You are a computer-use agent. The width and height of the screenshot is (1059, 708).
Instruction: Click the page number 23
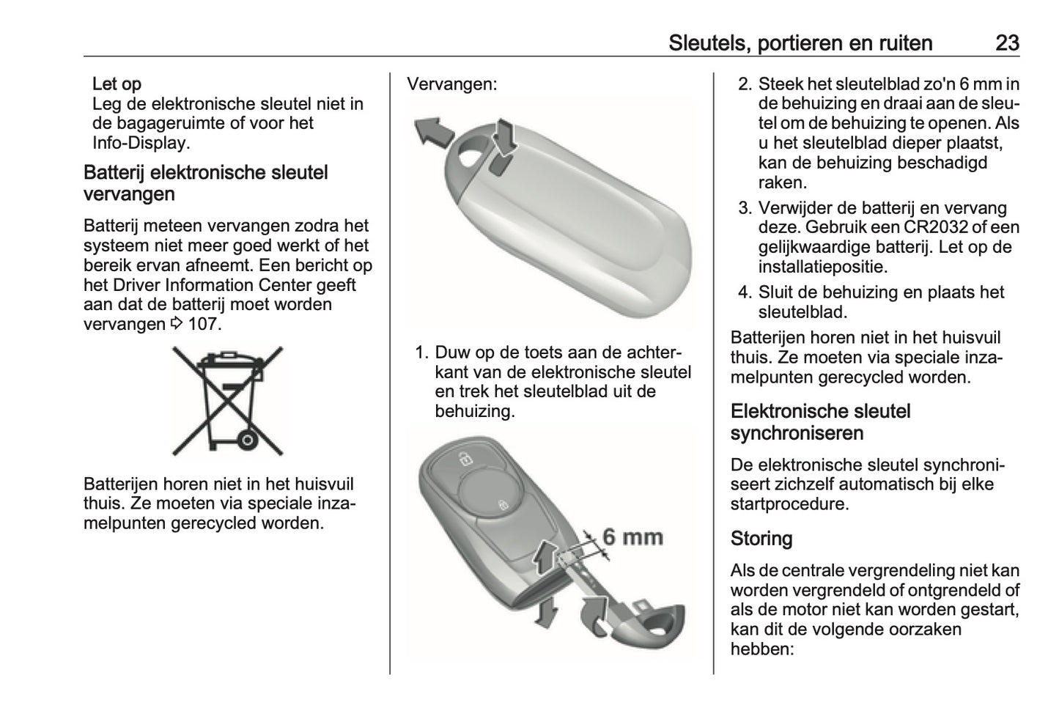pos(1007,43)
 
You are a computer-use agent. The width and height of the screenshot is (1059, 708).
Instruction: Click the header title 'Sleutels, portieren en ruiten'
pos(800,43)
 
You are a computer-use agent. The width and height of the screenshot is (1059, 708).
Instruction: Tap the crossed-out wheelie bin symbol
pos(226,400)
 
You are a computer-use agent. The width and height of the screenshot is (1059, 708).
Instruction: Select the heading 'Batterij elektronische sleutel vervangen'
pos(206,183)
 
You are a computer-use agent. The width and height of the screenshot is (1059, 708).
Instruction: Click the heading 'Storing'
pos(761,539)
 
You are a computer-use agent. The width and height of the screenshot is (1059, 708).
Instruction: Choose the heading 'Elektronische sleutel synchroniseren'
pos(820,422)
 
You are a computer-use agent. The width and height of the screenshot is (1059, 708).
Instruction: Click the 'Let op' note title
pos(117,84)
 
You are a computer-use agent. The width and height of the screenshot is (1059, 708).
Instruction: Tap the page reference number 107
pos(204,324)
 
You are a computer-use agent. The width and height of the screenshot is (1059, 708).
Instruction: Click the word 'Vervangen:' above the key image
pos(451,84)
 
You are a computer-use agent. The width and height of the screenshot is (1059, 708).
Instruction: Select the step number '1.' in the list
pos(421,353)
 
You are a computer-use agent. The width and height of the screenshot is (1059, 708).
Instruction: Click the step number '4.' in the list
pos(745,292)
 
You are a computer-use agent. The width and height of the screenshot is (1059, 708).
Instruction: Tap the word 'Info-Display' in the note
pos(140,143)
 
